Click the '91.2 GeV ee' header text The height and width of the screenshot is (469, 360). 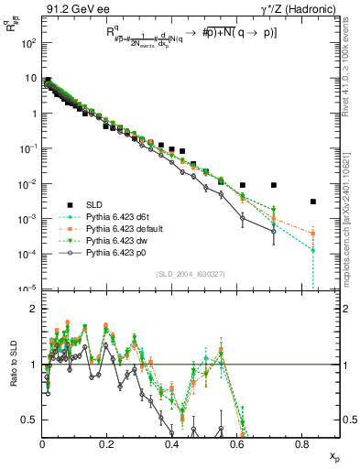pos(76,11)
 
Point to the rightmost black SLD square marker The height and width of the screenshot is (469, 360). pos(313,202)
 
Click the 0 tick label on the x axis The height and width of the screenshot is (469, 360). pos(42,444)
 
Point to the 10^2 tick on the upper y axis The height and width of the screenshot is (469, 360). pos(30,43)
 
